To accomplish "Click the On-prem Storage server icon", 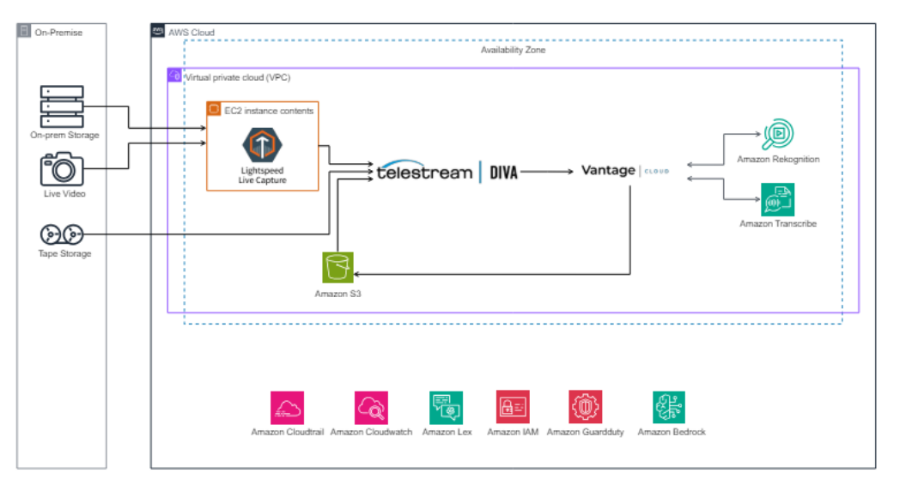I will coord(62,106).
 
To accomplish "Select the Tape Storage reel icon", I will coord(62,234).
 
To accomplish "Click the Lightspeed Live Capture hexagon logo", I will coord(262,144).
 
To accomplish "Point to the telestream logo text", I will coord(424,172).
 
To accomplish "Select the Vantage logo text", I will coord(608,171).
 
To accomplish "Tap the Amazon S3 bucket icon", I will coord(337,267).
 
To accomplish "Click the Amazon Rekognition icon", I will coord(778,135).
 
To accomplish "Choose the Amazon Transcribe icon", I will coord(778,199).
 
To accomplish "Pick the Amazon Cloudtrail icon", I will coord(287,408).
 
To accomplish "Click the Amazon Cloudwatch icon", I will coord(371,408).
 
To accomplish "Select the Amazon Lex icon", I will coord(447,408).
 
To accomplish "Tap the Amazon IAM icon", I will coord(513,408).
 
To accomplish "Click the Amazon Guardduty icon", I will coord(585,408).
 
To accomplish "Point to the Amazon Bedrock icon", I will coord(669,408).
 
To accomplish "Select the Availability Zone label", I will coord(513,51).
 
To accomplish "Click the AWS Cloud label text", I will coord(192,33).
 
